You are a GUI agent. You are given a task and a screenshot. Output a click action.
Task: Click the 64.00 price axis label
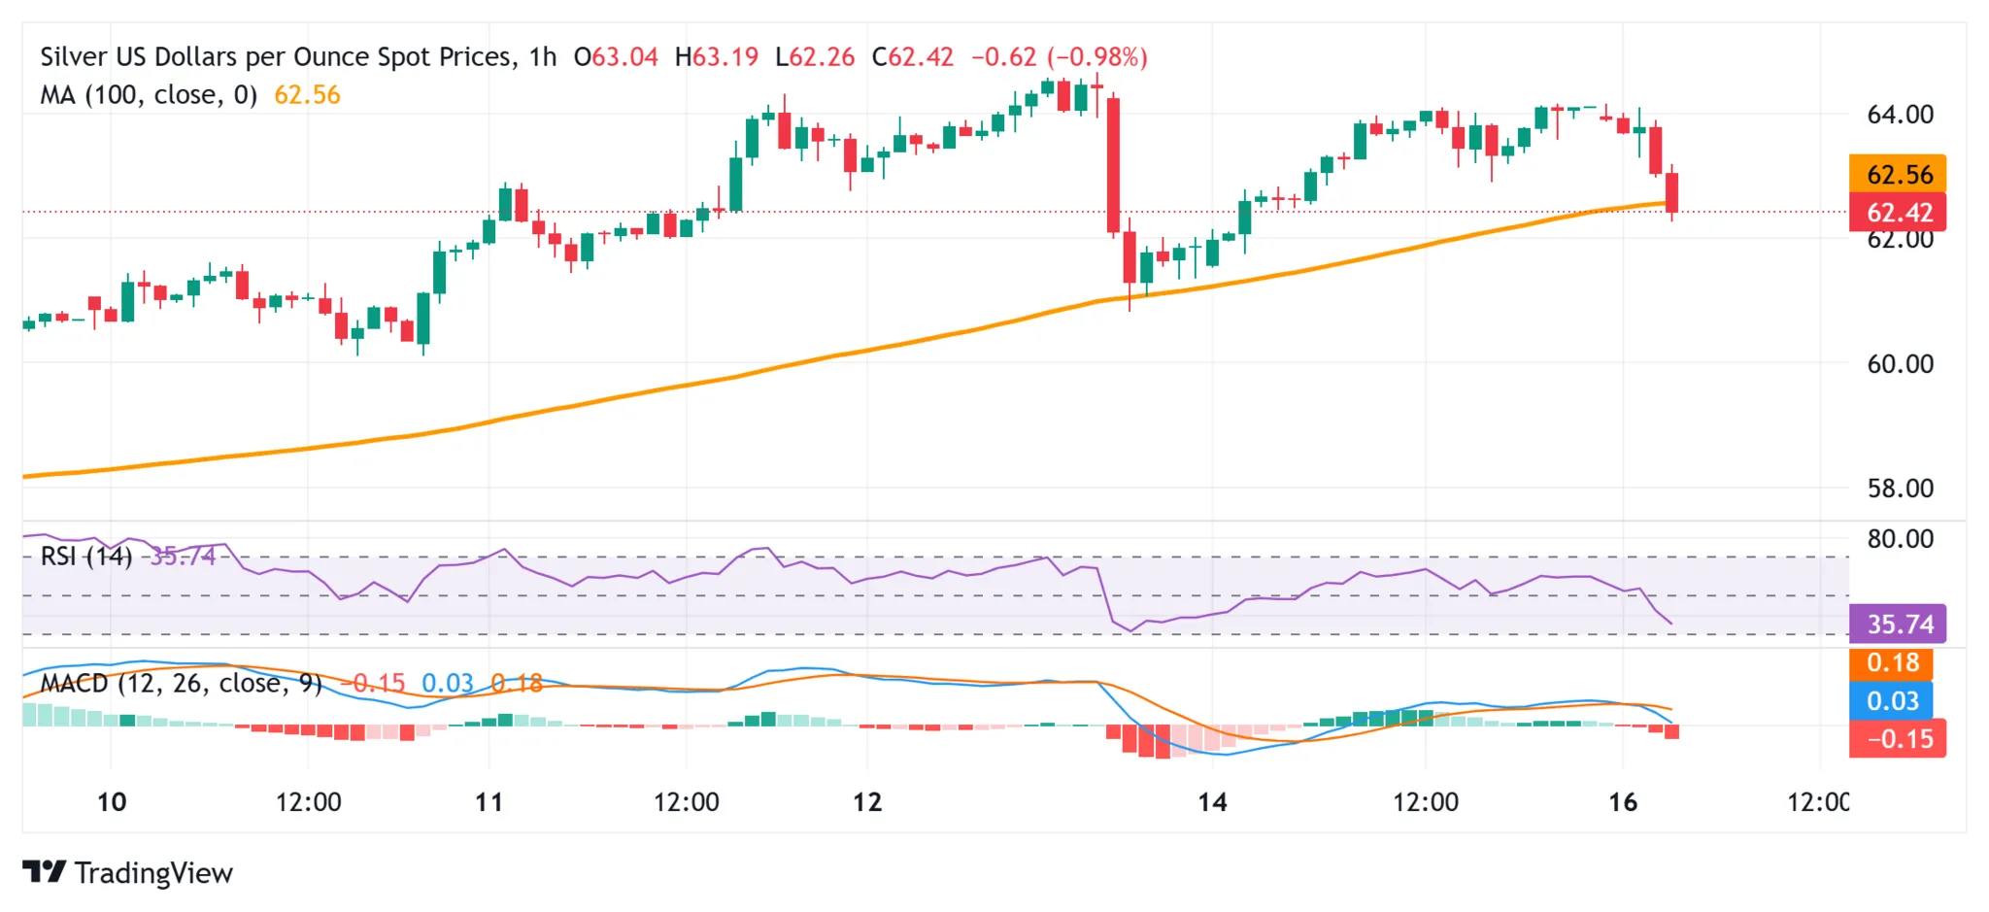tap(1900, 115)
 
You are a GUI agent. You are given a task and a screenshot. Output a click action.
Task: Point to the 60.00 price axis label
tap(1900, 364)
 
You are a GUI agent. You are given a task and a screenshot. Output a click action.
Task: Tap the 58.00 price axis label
tap(1900, 489)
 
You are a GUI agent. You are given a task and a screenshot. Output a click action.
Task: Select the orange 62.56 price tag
tap(1898, 175)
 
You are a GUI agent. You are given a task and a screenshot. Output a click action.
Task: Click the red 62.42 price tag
tap(1898, 212)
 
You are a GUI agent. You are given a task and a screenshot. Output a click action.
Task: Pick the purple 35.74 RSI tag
tap(1898, 624)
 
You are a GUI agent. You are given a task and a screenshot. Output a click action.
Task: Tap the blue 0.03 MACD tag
tap(1892, 700)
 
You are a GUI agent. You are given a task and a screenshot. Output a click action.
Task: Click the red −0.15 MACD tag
tap(1898, 739)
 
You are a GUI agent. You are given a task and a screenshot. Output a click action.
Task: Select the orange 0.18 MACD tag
tap(1892, 663)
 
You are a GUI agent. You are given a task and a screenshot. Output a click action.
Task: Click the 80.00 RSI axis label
tap(1900, 539)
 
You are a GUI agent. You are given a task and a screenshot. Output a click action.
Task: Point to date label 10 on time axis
tap(112, 802)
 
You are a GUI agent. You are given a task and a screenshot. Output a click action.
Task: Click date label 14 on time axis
tap(1212, 802)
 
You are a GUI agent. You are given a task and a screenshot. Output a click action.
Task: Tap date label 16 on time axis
tap(1623, 802)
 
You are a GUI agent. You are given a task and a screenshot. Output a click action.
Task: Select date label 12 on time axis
tap(867, 802)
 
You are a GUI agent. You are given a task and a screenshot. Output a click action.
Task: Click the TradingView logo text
tap(153, 873)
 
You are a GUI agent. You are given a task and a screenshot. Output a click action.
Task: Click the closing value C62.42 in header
tap(913, 57)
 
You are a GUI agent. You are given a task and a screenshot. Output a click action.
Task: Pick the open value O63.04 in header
tap(616, 57)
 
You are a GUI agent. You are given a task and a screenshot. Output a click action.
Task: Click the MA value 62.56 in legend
tap(307, 95)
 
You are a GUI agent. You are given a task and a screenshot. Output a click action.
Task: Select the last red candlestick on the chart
tap(1672, 192)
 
